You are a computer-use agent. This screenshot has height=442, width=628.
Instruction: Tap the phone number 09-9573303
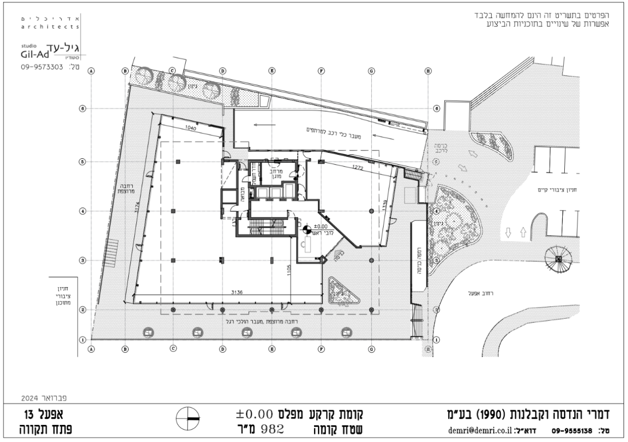pos(42,67)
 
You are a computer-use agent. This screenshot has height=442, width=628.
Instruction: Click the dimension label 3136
pos(238,292)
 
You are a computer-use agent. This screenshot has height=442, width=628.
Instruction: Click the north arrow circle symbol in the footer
pos(189,420)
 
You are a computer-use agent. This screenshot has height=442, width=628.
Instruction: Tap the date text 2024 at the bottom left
pos(31,394)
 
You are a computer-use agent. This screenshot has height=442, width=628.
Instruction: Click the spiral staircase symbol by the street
pos(559,259)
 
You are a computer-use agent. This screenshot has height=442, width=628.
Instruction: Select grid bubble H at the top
pos(429,71)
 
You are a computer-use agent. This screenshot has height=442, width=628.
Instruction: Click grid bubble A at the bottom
pos(91,349)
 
